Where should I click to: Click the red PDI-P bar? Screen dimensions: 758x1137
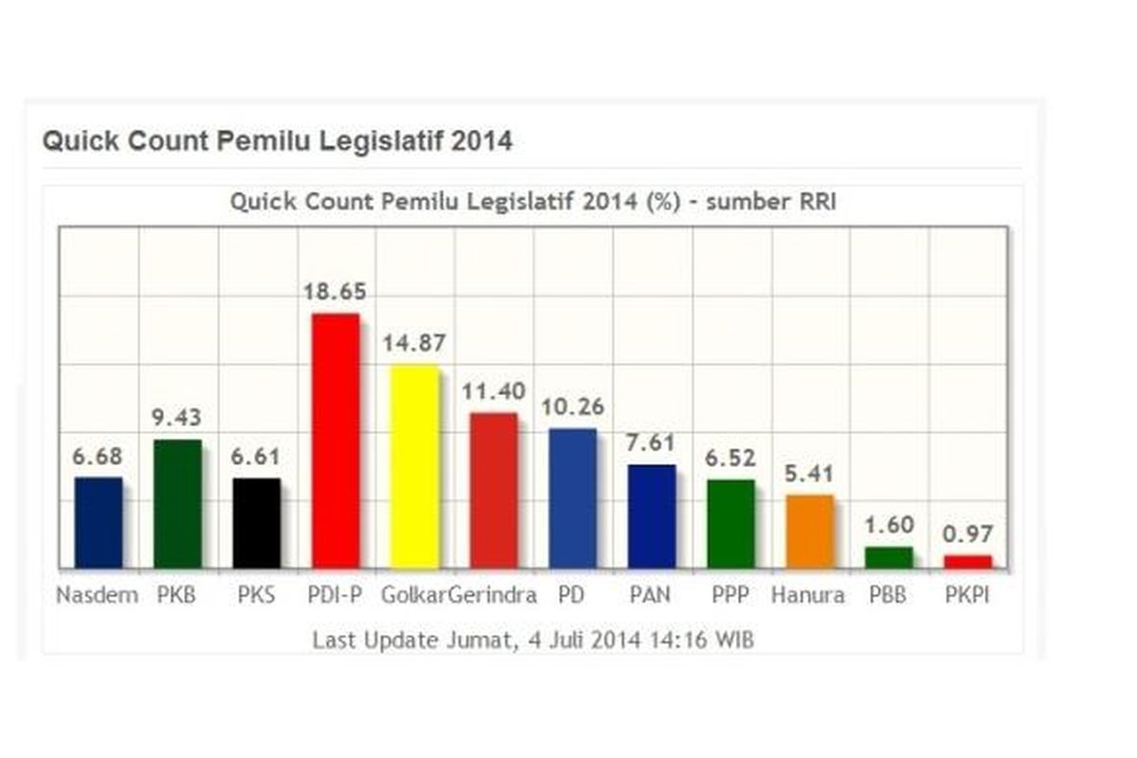tap(335, 441)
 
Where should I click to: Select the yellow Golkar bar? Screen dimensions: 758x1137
tap(415, 466)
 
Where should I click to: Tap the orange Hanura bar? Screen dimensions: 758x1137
tap(810, 532)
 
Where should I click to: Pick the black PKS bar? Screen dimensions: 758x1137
tap(257, 523)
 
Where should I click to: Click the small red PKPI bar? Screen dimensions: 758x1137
tap(967, 562)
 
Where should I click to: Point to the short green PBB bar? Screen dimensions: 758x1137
tap(889, 558)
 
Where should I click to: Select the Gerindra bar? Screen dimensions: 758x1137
tap(494, 490)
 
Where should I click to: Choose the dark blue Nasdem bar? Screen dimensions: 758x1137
tap(99, 522)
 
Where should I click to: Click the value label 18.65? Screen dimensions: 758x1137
tap(334, 291)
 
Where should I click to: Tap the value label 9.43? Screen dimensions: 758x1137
tap(177, 418)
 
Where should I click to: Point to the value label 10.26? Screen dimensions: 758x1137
tap(572, 406)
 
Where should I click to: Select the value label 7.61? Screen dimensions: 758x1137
tap(652, 442)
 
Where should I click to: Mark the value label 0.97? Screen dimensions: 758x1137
tap(967, 533)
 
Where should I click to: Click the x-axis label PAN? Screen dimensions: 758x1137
tap(652, 596)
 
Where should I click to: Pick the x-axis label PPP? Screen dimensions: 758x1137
tap(731, 596)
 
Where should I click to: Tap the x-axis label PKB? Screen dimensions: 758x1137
tap(177, 596)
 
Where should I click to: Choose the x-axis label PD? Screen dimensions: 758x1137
tap(572, 596)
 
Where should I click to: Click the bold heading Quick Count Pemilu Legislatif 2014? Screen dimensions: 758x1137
tap(277, 142)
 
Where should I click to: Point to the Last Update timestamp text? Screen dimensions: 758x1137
tap(533, 641)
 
